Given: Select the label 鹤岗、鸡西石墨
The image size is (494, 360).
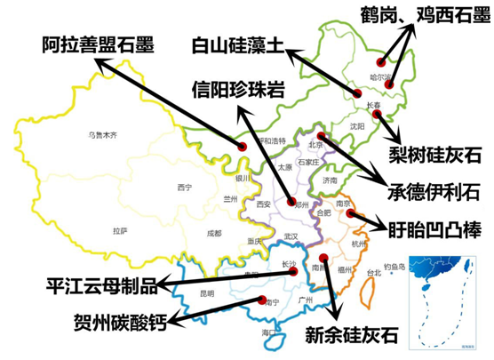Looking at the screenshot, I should coord(424,15).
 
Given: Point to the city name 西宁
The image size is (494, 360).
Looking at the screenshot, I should coord(184,188).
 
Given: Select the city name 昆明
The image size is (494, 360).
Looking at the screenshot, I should coord(206,292).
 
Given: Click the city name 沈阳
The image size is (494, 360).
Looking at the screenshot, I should coord(357,126).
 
